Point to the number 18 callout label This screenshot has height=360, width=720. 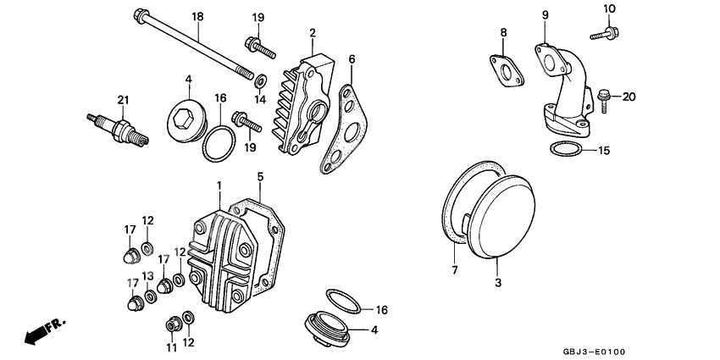[197, 17]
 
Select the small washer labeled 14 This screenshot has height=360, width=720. [261, 81]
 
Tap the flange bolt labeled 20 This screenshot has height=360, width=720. [604, 96]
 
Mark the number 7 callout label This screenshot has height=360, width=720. [454, 270]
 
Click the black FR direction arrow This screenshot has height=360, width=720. [34, 334]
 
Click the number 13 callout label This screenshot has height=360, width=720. [147, 276]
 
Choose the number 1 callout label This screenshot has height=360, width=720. [218, 185]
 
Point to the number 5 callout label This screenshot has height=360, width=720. [261, 178]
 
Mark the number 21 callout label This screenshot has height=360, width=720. [123, 101]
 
